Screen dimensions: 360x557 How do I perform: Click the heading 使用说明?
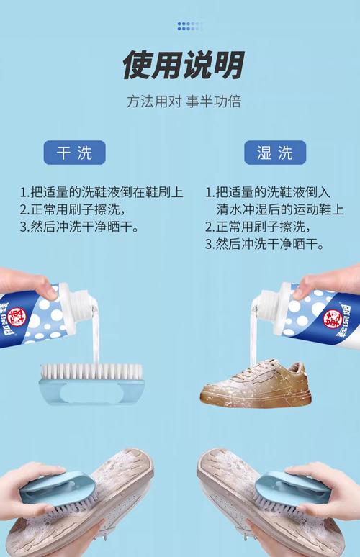pyautogui.click(x=183, y=65)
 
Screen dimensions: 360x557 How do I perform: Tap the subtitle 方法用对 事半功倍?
pyautogui.click(x=184, y=101)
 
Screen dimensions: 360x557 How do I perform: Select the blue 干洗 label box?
pyautogui.click(x=75, y=153)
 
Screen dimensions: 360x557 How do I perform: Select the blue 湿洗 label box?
pyautogui.click(x=275, y=153)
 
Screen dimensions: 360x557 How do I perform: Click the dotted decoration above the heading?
pyautogui.click(x=190, y=26)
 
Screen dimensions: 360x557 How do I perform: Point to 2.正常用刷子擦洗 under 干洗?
pyautogui.click(x=73, y=209)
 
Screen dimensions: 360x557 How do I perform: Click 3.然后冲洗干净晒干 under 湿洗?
pyautogui.click(x=264, y=244)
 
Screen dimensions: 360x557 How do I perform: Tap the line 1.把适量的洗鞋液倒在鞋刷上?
pyautogui.click(x=102, y=192)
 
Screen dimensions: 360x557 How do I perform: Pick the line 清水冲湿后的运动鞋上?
pyautogui.click(x=280, y=209)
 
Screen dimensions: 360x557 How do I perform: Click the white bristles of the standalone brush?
pyautogui.click(x=91, y=371)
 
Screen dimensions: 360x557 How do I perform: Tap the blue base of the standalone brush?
pyautogui.click(x=91, y=391)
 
